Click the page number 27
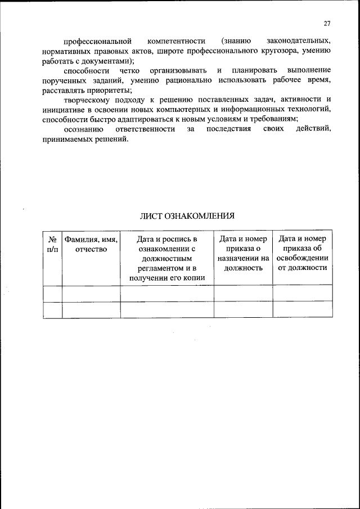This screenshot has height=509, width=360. [x=327, y=23]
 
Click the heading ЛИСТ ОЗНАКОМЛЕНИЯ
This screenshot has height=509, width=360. [x=187, y=215]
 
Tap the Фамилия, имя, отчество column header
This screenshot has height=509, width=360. [x=91, y=244]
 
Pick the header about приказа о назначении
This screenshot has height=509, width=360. [x=243, y=254]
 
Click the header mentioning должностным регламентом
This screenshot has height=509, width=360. [x=167, y=258]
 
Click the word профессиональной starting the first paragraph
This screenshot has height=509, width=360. [x=97, y=42]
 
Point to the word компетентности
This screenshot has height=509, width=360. [x=177, y=42]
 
